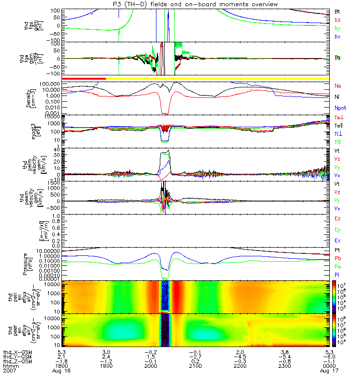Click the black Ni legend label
(337, 97)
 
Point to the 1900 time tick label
(107, 367)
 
